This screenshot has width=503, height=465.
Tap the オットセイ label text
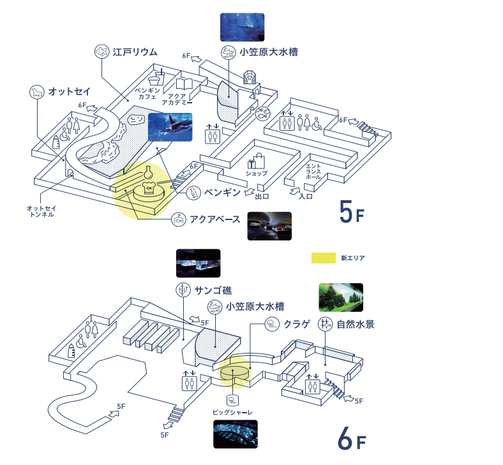point(70,91)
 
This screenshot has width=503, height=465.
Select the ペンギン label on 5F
point(222,191)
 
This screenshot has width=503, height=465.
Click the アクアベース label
point(215,220)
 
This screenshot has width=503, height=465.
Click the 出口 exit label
point(263,196)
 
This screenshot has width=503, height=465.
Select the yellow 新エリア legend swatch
point(323,258)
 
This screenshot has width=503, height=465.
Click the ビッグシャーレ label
point(233,413)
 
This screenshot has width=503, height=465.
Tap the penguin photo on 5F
point(170,127)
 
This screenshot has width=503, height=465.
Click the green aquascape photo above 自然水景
point(341,297)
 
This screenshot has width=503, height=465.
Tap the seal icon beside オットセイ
point(37,92)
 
